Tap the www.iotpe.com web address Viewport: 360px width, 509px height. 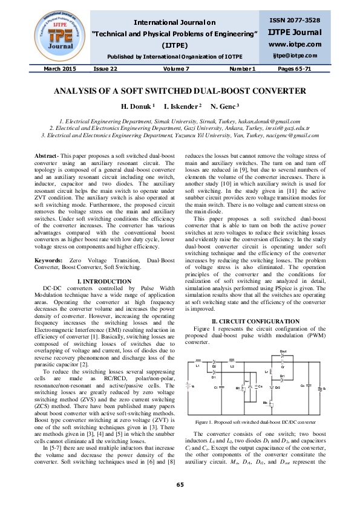click(x=295, y=44)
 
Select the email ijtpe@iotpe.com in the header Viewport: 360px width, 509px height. click(x=295, y=56)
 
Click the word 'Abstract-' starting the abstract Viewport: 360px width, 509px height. click(x=47, y=156)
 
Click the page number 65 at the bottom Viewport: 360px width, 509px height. click(x=180, y=485)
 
